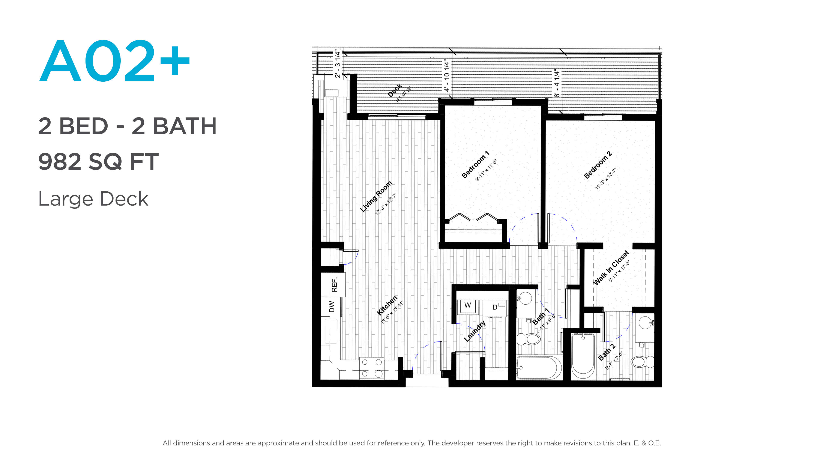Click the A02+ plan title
pyautogui.click(x=115, y=60)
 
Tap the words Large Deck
pyautogui.click(x=93, y=199)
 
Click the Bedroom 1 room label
pyautogui.click(x=475, y=165)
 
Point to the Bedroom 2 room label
pyautogui.click(x=598, y=165)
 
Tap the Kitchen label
pyautogui.click(x=387, y=305)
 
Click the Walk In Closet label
pyautogui.click(x=611, y=268)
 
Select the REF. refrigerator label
pyautogui.click(x=334, y=285)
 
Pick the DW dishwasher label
pyautogui.click(x=332, y=307)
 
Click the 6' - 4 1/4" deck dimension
pyautogui.click(x=557, y=83)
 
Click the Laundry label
pyautogui.click(x=475, y=331)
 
